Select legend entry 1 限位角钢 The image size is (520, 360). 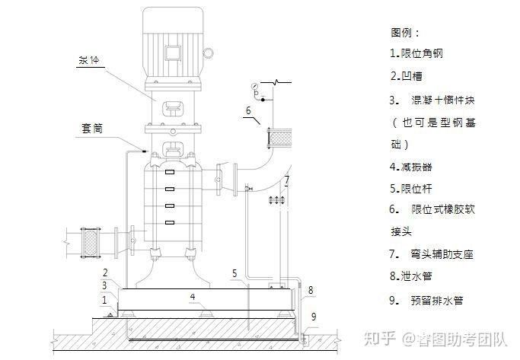[416, 54]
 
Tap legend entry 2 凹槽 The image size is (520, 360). [406, 76]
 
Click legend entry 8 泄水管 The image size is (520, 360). [411, 276]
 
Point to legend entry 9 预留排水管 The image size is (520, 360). [426, 300]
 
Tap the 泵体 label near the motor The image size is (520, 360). [90, 60]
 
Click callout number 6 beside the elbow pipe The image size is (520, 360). [247, 111]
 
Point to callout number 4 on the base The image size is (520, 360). [193, 295]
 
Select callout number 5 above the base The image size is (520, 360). [235, 272]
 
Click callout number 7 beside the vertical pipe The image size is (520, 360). [286, 180]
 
